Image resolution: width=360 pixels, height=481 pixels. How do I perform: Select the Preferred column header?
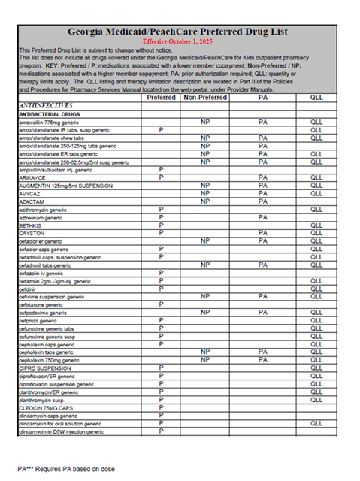pyautogui.click(x=162, y=98)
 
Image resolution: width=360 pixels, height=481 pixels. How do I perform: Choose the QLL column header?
pyautogui.click(x=315, y=98)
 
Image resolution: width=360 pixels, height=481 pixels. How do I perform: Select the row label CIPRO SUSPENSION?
pyautogui.click(x=47, y=368)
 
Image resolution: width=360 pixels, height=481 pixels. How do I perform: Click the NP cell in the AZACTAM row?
pyautogui.click(x=204, y=201)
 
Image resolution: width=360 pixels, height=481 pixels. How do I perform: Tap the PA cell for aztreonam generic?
pyautogui.click(x=263, y=217)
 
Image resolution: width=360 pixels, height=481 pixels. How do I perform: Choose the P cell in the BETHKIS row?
pyautogui.click(x=162, y=225)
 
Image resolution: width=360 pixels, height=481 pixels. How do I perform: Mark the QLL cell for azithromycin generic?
pyautogui.click(x=315, y=209)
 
